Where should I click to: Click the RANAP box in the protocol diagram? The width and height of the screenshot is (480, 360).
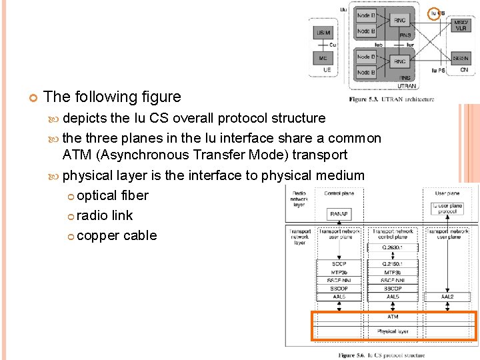[339, 214]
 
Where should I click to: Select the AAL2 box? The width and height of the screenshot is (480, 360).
[447, 296]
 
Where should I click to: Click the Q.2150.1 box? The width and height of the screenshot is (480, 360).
[393, 264]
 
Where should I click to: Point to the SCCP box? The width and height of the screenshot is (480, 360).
[339, 264]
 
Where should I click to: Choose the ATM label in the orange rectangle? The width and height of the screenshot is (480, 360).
[393, 317]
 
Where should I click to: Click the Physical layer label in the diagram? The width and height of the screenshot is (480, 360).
[393, 331]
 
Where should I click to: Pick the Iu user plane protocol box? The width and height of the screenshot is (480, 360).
[447, 209]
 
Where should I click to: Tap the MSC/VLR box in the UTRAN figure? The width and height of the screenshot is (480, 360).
[461, 25]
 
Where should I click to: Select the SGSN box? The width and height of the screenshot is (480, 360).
[461, 59]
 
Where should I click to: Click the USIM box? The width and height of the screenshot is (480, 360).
[323, 32]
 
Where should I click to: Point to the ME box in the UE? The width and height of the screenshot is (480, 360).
[323, 58]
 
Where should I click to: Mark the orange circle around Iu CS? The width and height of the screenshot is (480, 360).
[434, 13]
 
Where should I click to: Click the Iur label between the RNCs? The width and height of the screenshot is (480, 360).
[410, 45]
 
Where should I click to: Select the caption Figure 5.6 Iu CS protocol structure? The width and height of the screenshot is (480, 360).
[381, 355]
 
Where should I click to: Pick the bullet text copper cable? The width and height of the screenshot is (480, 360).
[117, 235]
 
